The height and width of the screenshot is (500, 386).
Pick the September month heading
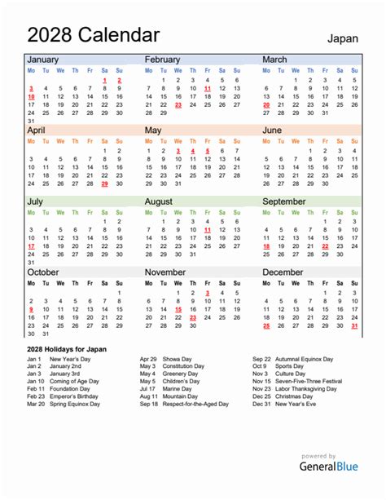coord(283,201)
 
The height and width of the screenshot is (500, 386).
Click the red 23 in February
coord(178,105)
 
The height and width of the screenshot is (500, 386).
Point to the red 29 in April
coord(104,184)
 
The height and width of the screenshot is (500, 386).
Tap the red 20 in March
coord(266,105)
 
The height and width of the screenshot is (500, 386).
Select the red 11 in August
coord(208,231)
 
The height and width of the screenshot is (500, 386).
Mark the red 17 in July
coord(31,246)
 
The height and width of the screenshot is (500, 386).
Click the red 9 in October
coord(31,310)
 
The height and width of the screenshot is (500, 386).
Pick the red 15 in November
coord(178,310)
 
